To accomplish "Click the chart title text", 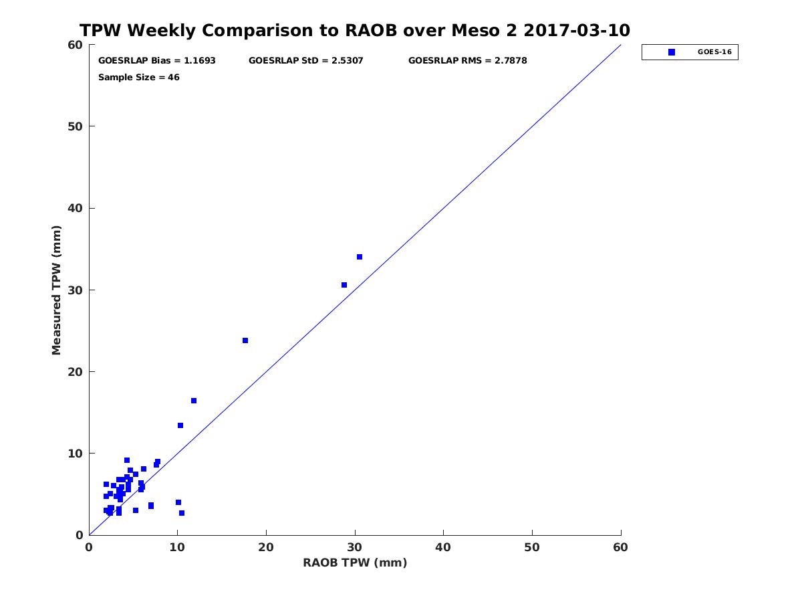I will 355,31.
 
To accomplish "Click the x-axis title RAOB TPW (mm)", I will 355,563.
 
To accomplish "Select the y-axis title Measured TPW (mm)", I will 57,290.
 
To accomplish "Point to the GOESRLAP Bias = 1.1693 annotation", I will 157,61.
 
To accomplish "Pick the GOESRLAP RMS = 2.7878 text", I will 468,61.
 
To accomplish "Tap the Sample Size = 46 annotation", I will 139,78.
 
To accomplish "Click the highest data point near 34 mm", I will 360,257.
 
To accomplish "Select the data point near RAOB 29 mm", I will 344,285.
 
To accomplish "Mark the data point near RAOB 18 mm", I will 245,340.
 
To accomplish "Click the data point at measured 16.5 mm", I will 194,401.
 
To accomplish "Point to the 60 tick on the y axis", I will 76,45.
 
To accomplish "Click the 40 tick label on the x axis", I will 444,548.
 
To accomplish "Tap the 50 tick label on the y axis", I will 76,126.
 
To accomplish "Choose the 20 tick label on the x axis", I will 266,548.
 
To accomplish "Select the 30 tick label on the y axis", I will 76,290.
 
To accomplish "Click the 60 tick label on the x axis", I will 621,548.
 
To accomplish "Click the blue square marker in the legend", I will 672,52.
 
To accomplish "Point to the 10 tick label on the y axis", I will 76,454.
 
